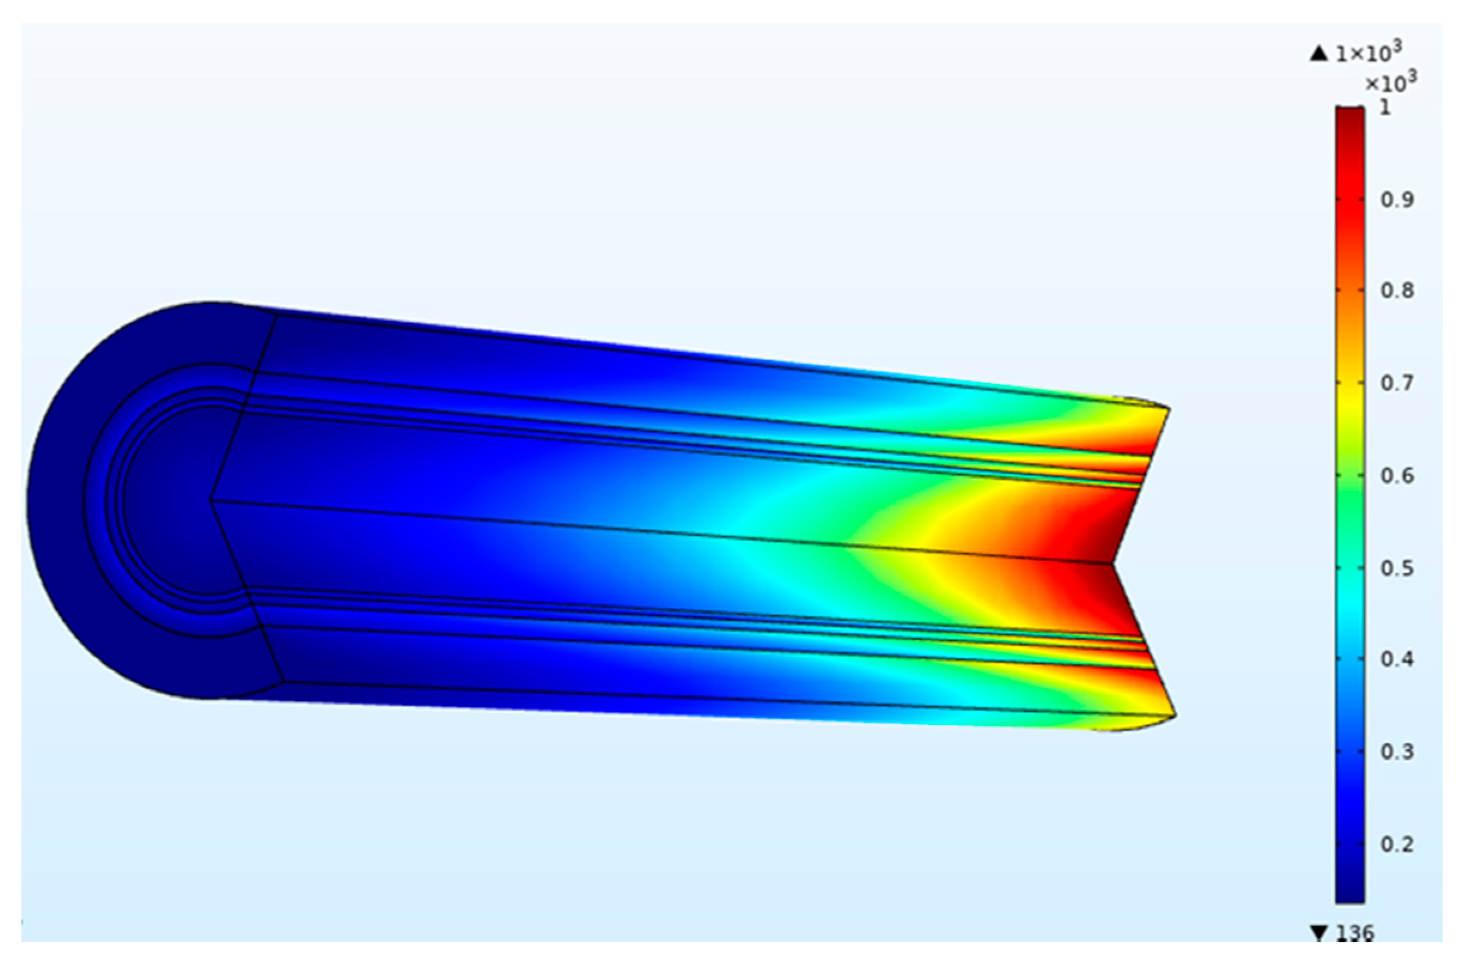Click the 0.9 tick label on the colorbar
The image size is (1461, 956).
[1397, 200]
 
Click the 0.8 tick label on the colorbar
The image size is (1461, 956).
[1397, 290]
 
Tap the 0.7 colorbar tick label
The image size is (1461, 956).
[1397, 383]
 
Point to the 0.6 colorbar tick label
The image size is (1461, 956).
[1397, 475]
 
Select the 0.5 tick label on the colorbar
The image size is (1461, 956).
[1397, 568]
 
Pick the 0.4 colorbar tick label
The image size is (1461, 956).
[1397, 659]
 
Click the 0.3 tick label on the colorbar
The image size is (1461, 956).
[1397, 751]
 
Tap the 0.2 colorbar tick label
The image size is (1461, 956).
[1397, 844]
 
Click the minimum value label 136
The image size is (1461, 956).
[1355, 934]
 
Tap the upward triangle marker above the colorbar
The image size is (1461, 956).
[1319, 54]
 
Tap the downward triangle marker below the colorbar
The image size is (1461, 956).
[1319, 934]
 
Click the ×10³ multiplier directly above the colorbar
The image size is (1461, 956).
[1390, 82]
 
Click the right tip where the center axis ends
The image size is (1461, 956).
[1112, 562]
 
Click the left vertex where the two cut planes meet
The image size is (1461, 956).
[212, 500]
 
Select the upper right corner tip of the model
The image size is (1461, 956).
[1169, 409]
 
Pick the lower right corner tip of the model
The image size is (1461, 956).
[1176, 715]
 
